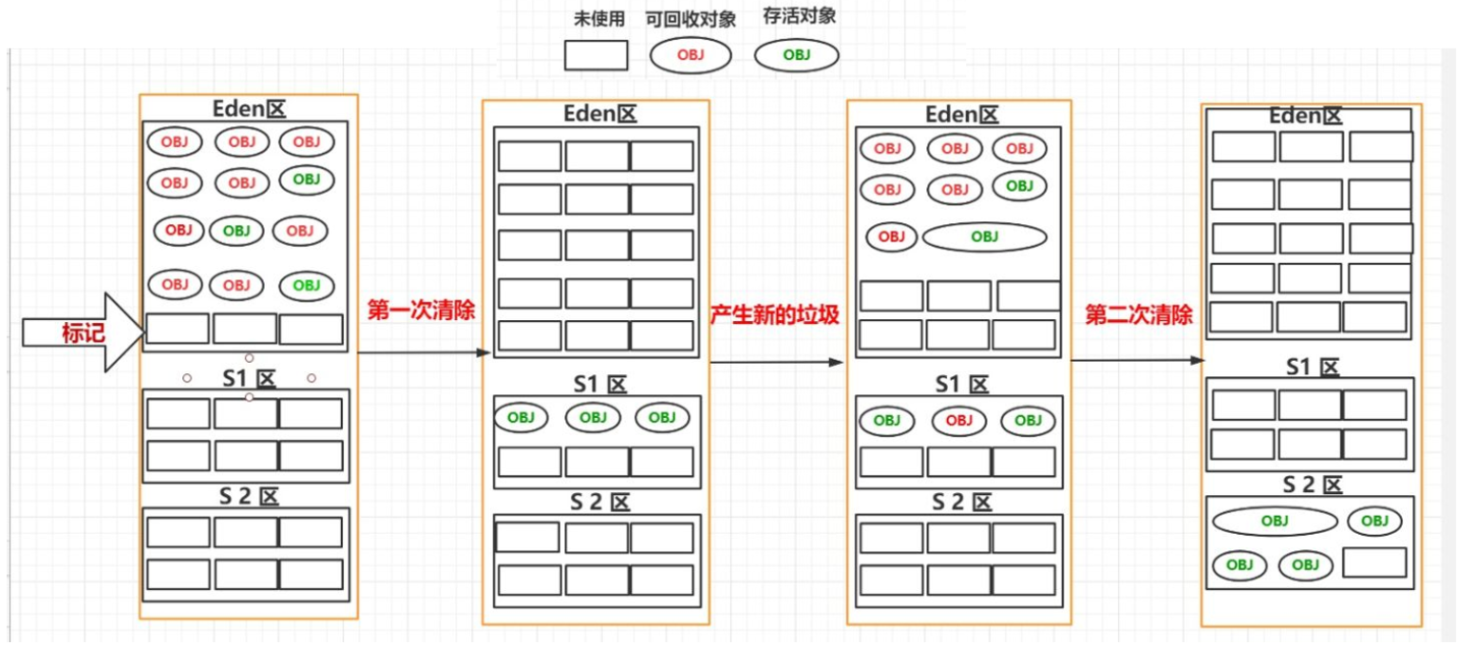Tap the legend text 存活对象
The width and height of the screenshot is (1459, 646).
pos(799,17)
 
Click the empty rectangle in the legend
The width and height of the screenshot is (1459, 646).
pos(597,55)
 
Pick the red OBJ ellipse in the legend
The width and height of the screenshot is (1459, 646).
pos(691,55)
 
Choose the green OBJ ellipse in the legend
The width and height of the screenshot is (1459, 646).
pos(797,55)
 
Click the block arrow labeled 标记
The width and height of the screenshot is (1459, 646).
pos(81,332)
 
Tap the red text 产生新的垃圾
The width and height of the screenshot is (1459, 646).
pos(775,315)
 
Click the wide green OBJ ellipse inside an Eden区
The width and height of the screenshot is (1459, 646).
pos(984,237)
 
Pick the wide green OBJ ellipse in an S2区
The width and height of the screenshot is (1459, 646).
pos(1275,521)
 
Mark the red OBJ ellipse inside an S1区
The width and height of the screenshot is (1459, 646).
pos(959,420)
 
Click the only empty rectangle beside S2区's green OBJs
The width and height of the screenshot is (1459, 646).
pos(1374,562)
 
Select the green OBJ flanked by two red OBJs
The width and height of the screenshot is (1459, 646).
pos(236,230)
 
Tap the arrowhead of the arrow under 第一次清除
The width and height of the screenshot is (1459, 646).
pos(484,352)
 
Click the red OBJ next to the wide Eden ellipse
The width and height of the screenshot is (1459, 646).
pos(891,237)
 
